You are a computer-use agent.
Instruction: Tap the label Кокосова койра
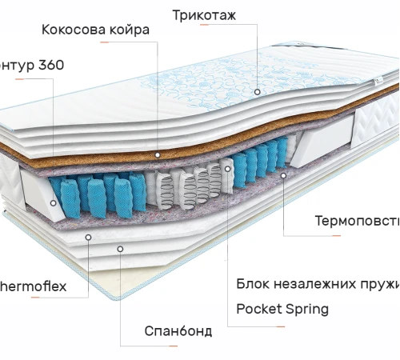[95, 30]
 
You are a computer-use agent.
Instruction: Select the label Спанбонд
[178, 330]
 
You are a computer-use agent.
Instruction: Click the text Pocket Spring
[282, 309]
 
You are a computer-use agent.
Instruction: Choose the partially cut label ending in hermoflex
[33, 286]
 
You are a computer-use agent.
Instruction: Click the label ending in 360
[32, 65]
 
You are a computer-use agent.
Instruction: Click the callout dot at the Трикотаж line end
[258, 92]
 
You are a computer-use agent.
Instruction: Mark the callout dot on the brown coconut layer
[158, 154]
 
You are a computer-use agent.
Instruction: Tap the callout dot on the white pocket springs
[226, 169]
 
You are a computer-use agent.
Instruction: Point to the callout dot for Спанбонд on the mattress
[119, 249]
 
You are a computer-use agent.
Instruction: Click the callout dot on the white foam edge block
[53, 203]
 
